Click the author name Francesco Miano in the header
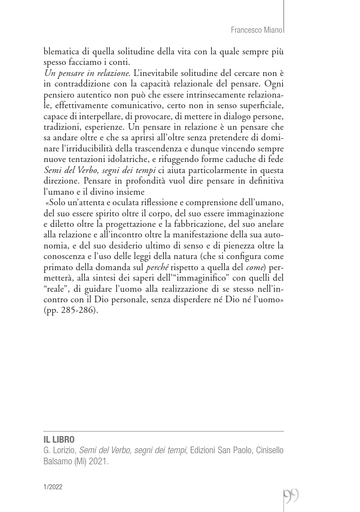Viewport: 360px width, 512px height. click(256, 30)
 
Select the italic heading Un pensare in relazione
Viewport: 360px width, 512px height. click(87, 73)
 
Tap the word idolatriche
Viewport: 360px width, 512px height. click(124, 160)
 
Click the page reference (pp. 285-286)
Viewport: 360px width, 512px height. click(70, 310)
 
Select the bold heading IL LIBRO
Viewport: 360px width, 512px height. click(59, 440)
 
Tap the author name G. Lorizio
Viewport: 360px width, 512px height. click(60, 450)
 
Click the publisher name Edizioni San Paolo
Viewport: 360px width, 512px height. click(221, 450)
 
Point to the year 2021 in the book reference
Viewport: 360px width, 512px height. click(98, 462)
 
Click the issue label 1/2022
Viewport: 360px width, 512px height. click(53, 487)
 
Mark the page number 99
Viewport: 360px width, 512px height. click(291, 495)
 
